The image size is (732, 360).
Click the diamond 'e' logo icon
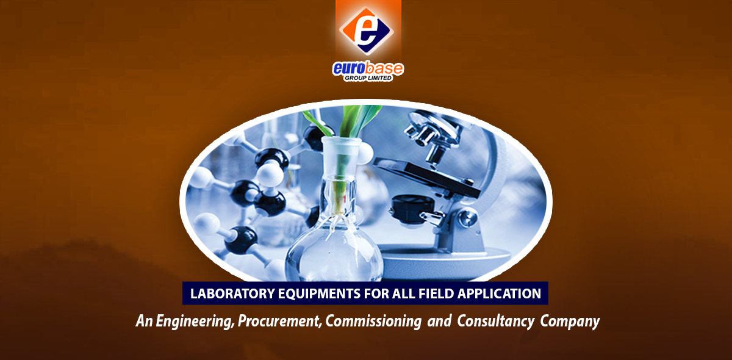367,31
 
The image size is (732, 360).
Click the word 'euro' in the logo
348,68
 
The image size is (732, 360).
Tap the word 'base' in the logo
384,68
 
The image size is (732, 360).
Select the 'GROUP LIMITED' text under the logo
368,78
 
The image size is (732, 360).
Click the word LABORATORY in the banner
232,293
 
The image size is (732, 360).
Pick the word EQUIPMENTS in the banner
319,293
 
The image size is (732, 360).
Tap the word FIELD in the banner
436,293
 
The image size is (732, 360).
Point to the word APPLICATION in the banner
500,293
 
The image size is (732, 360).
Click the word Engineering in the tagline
195,322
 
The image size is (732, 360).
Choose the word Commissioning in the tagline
373,322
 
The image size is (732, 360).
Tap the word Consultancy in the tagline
496,322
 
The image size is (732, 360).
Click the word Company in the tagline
570,322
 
